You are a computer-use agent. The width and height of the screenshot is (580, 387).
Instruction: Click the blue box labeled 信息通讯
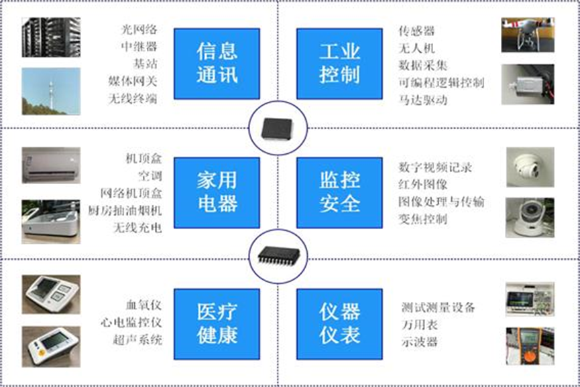pos(217,64)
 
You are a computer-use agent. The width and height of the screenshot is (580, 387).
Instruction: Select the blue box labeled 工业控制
pos(339,64)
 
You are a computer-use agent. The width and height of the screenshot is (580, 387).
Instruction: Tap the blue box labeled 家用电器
pos(217,193)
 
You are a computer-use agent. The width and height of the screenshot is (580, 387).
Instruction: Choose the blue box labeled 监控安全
pos(339,193)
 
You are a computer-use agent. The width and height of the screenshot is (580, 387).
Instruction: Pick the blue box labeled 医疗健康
pos(217,324)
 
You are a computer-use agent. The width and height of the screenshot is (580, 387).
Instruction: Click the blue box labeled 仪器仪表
pos(339,324)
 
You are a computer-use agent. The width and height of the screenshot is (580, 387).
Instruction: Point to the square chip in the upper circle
pos(277,129)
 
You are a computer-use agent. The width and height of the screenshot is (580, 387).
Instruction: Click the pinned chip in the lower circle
pos(278,256)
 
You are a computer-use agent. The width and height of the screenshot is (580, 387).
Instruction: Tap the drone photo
pos(528,35)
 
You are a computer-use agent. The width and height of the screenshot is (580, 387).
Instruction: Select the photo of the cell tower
pos(51,91)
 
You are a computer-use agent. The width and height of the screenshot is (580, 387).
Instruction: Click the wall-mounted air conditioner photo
pos(51,165)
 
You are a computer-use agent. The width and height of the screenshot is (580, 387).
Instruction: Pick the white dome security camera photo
pos(530,167)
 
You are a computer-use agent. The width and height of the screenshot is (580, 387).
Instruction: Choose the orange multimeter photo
pos(530,346)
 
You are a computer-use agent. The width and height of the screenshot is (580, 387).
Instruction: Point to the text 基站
pos(146,64)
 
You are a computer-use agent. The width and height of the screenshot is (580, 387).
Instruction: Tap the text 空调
pos(150,176)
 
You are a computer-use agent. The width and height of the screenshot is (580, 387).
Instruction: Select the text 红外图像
pos(423,184)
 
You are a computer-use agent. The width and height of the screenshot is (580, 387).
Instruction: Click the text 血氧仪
pos(144,305)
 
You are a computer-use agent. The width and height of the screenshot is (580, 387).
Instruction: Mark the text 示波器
pos(420,342)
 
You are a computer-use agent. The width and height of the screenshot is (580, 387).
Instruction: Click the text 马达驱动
pos(423,100)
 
